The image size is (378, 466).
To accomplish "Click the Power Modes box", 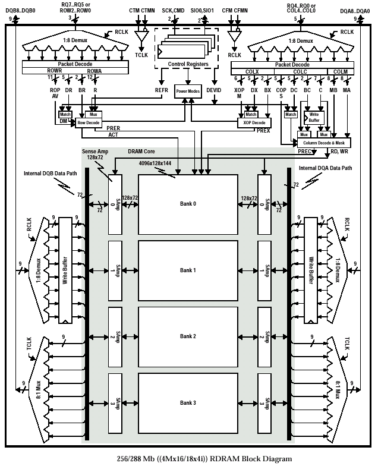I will (x=188, y=91).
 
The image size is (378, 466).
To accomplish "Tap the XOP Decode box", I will (x=254, y=122).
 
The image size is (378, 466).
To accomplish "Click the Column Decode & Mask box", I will (x=324, y=143).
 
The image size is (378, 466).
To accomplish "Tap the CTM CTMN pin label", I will (x=142, y=11).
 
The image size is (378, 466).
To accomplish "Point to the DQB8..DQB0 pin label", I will (x=21, y=11).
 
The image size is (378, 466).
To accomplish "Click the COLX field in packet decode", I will (x=252, y=70).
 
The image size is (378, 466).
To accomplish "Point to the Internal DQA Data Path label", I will (x=326, y=168).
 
